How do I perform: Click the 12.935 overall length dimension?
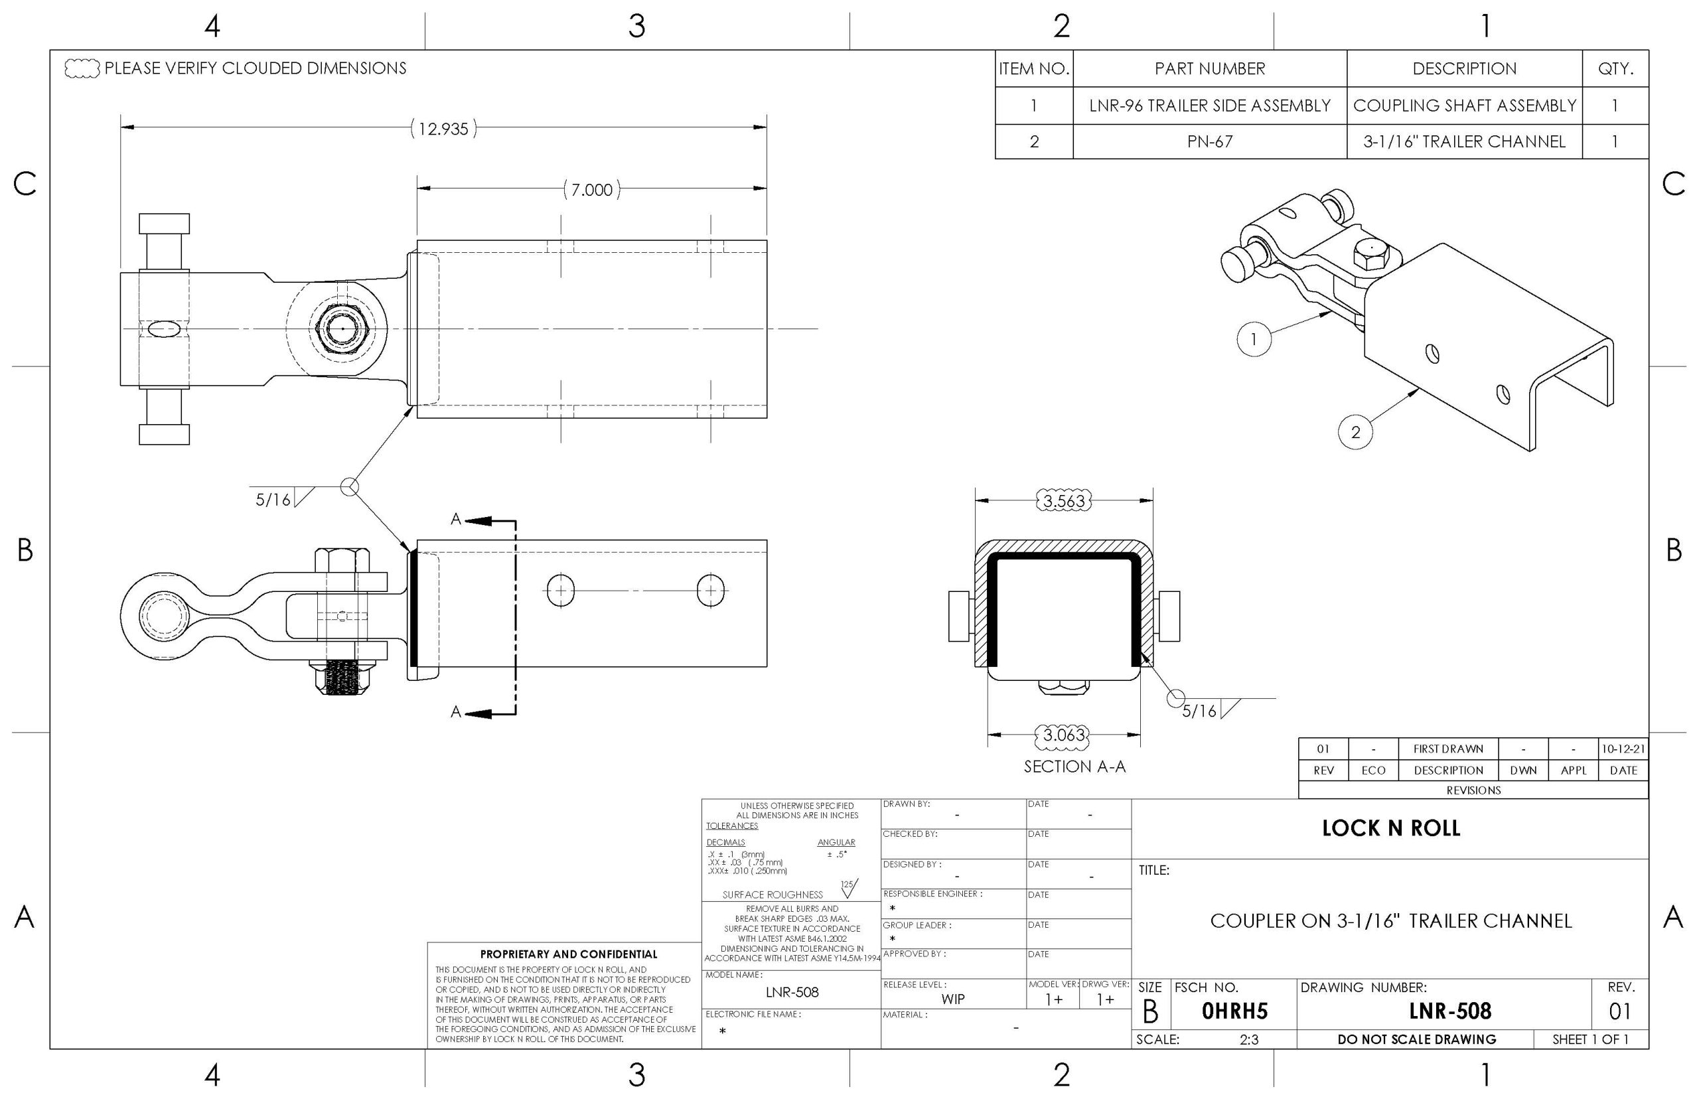[x=443, y=129]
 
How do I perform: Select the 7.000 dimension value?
[x=591, y=190]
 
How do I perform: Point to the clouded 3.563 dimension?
[x=1064, y=501]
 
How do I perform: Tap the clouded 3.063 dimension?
[x=1063, y=735]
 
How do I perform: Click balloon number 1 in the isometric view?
[x=1254, y=339]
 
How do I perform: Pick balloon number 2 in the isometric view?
[x=1355, y=432]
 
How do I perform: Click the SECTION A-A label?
[x=1074, y=767]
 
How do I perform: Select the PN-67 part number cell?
[x=1209, y=141]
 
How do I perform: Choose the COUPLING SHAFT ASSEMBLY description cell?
[x=1464, y=106]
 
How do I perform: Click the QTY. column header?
[x=1615, y=68]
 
